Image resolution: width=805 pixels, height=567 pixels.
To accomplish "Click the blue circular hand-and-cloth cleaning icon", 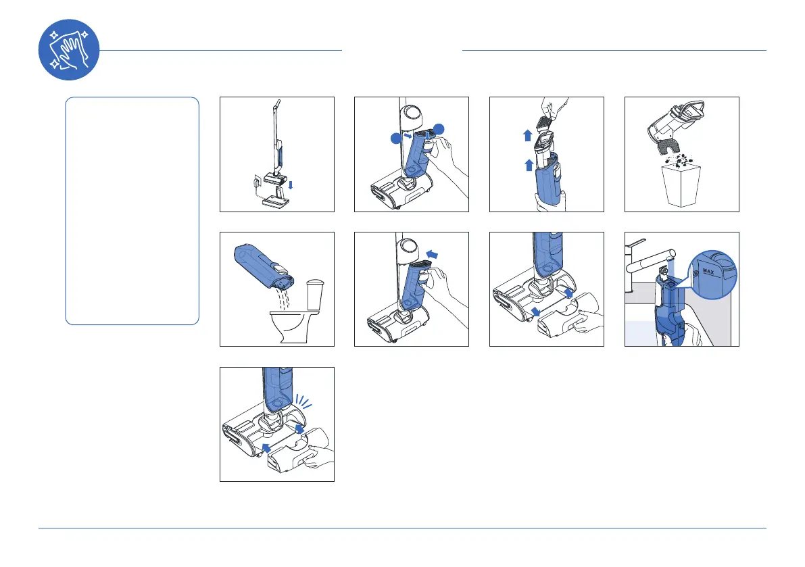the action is point(69,50).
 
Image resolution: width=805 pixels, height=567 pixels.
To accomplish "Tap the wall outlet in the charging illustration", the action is point(257,182).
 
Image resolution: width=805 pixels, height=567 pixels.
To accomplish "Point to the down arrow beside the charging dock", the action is point(291,184).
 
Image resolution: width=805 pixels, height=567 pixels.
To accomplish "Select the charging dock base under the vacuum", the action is point(276,201).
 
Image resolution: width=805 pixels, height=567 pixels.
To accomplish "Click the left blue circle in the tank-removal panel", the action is point(396,139).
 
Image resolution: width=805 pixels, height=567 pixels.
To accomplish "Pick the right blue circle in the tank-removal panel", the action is point(439,130).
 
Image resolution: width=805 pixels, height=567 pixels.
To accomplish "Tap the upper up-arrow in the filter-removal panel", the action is point(527,135).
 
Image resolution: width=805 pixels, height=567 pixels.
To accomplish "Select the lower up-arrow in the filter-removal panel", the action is point(529,165).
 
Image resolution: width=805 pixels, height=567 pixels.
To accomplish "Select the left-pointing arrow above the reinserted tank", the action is point(433,254).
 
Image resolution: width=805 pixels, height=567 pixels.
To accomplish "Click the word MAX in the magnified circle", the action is point(708,272).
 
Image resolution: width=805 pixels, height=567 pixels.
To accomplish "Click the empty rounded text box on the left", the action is point(132,211).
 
